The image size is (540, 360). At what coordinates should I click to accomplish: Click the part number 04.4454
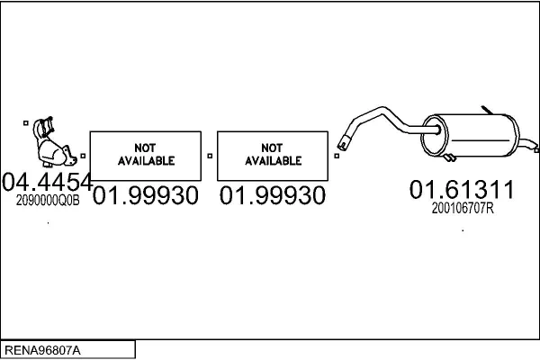[x=48, y=182]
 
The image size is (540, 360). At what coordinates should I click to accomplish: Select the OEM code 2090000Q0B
[x=48, y=200]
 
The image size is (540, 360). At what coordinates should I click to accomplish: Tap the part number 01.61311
[x=462, y=189]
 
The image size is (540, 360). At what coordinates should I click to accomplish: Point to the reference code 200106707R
[x=463, y=208]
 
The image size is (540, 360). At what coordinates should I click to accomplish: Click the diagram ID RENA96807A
[x=42, y=350]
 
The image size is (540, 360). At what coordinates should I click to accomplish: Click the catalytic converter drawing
[x=53, y=142]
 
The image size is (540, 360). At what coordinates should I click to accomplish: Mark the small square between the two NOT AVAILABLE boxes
[x=210, y=156]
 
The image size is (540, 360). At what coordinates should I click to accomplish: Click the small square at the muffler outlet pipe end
[x=536, y=150]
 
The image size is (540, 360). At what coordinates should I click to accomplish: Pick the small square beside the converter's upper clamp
[x=26, y=123]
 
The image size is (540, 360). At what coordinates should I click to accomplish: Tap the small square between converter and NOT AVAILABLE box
[x=83, y=156]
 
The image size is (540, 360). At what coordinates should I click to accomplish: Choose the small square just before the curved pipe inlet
[x=337, y=156]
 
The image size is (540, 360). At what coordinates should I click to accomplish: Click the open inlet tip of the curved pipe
[x=343, y=144]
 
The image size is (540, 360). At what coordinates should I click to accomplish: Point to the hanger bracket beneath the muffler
[x=449, y=157]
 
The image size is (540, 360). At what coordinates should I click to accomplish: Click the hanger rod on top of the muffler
[x=487, y=110]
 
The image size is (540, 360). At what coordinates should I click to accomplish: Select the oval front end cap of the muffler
[x=435, y=135]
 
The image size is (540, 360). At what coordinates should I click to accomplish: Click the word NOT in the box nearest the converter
[x=145, y=148]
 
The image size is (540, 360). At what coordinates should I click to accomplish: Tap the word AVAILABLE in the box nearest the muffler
[x=273, y=161]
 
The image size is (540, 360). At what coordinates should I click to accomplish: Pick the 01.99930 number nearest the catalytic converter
[x=145, y=195]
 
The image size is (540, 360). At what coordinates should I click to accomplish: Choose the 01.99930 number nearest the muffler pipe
[x=273, y=195]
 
